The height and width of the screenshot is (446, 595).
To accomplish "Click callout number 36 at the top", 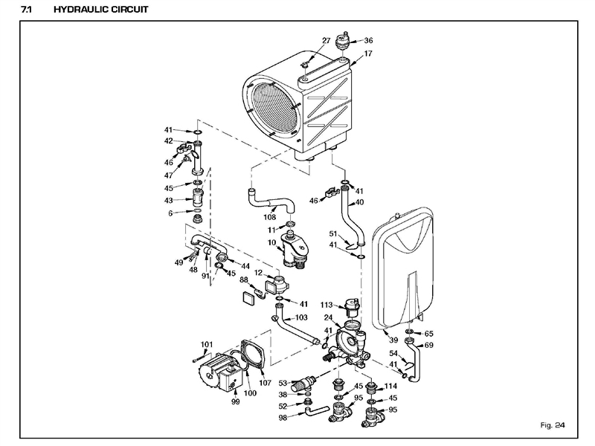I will pyautogui.click(x=368, y=41).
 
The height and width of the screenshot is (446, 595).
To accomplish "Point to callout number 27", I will pyautogui.click(x=326, y=41).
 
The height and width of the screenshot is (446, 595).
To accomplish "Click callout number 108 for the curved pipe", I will pyautogui.click(x=269, y=219).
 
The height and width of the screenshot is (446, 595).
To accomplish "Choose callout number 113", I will pyautogui.click(x=326, y=305).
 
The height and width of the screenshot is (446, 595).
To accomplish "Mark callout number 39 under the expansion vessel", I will pyautogui.click(x=394, y=340).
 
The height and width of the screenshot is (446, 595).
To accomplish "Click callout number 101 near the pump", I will pyautogui.click(x=207, y=343).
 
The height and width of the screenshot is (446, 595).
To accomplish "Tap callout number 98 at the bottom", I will pyautogui.click(x=282, y=418).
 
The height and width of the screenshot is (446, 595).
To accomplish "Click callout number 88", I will pyautogui.click(x=243, y=280).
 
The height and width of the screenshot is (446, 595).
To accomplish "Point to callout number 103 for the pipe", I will pyautogui.click(x=300, y=317).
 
